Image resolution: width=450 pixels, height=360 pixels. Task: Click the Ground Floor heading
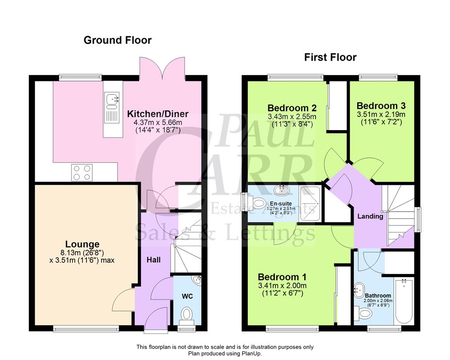coord(117,40)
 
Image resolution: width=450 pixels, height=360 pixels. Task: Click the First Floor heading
coord(330,57)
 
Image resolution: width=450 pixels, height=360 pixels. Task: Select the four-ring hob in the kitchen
coord(81,172)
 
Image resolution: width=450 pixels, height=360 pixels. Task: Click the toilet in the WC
coord(186,314)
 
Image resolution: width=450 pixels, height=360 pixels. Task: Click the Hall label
coord(153,260)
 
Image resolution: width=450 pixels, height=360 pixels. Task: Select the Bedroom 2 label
coord(292,108)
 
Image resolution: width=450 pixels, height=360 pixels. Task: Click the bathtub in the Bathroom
coord(404,301)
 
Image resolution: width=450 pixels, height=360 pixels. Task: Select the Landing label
coord(370,216)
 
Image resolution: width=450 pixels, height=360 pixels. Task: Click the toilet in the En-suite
coord(257,205)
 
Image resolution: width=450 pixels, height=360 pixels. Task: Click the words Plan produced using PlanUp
coord(225,354)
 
